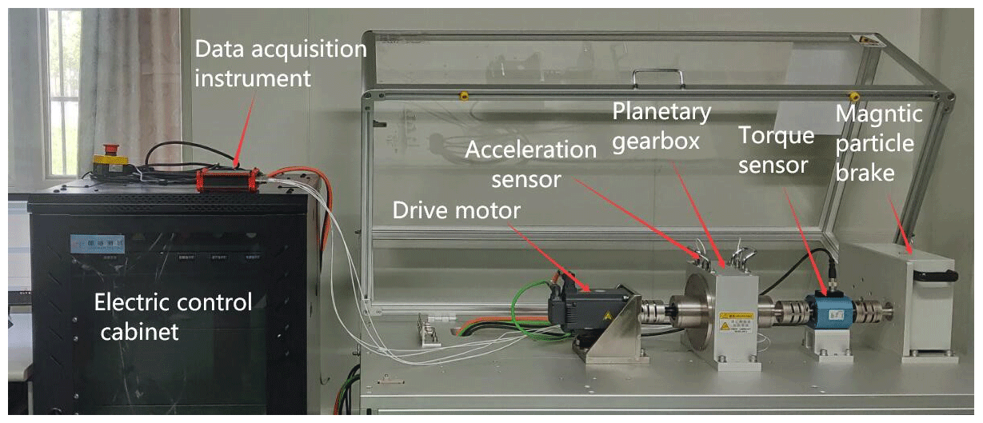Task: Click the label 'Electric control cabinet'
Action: coord(172,316)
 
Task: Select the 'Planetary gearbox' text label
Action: coord(662,124)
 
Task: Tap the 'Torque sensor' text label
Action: coord(776,148)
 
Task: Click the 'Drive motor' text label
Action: coord(457,210)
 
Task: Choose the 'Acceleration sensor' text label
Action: coord(530,164)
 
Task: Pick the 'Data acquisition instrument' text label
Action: coord(280,64)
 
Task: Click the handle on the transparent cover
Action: coord(658,77)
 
